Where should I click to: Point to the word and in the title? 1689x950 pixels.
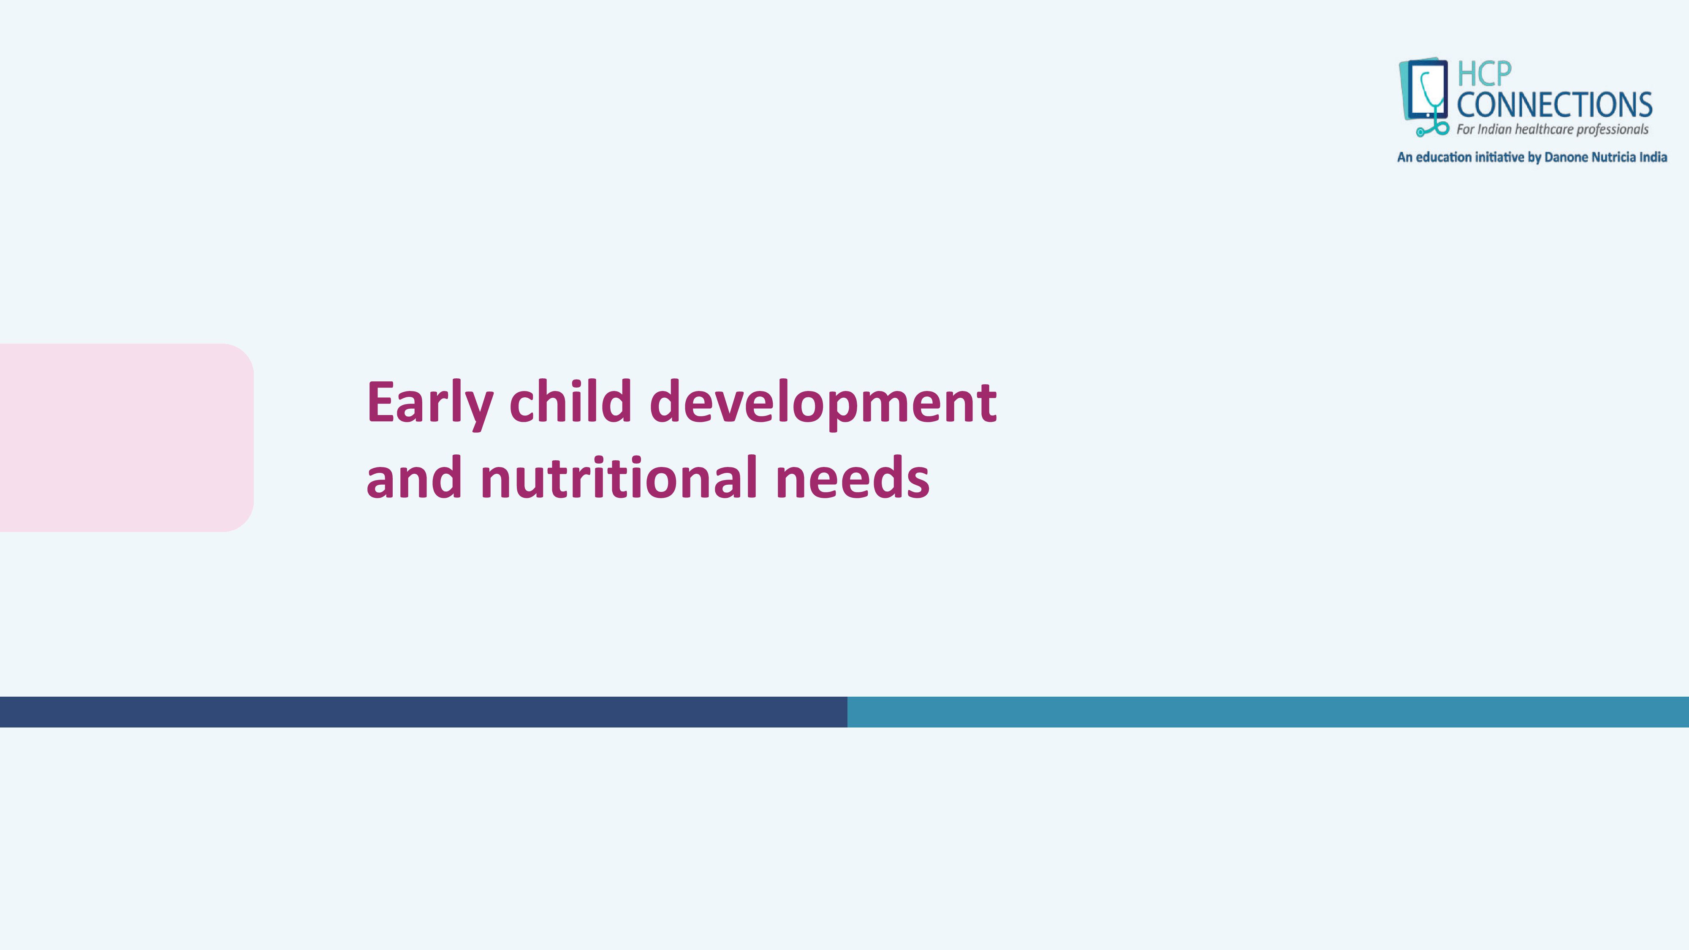coord(414,477)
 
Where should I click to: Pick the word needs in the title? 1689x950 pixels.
coord(853,477)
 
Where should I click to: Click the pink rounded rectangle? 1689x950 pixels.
coord(127,437)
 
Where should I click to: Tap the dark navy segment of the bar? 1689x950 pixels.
coord(424,712)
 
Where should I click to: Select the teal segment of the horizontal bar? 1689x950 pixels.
coord(1268,712)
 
